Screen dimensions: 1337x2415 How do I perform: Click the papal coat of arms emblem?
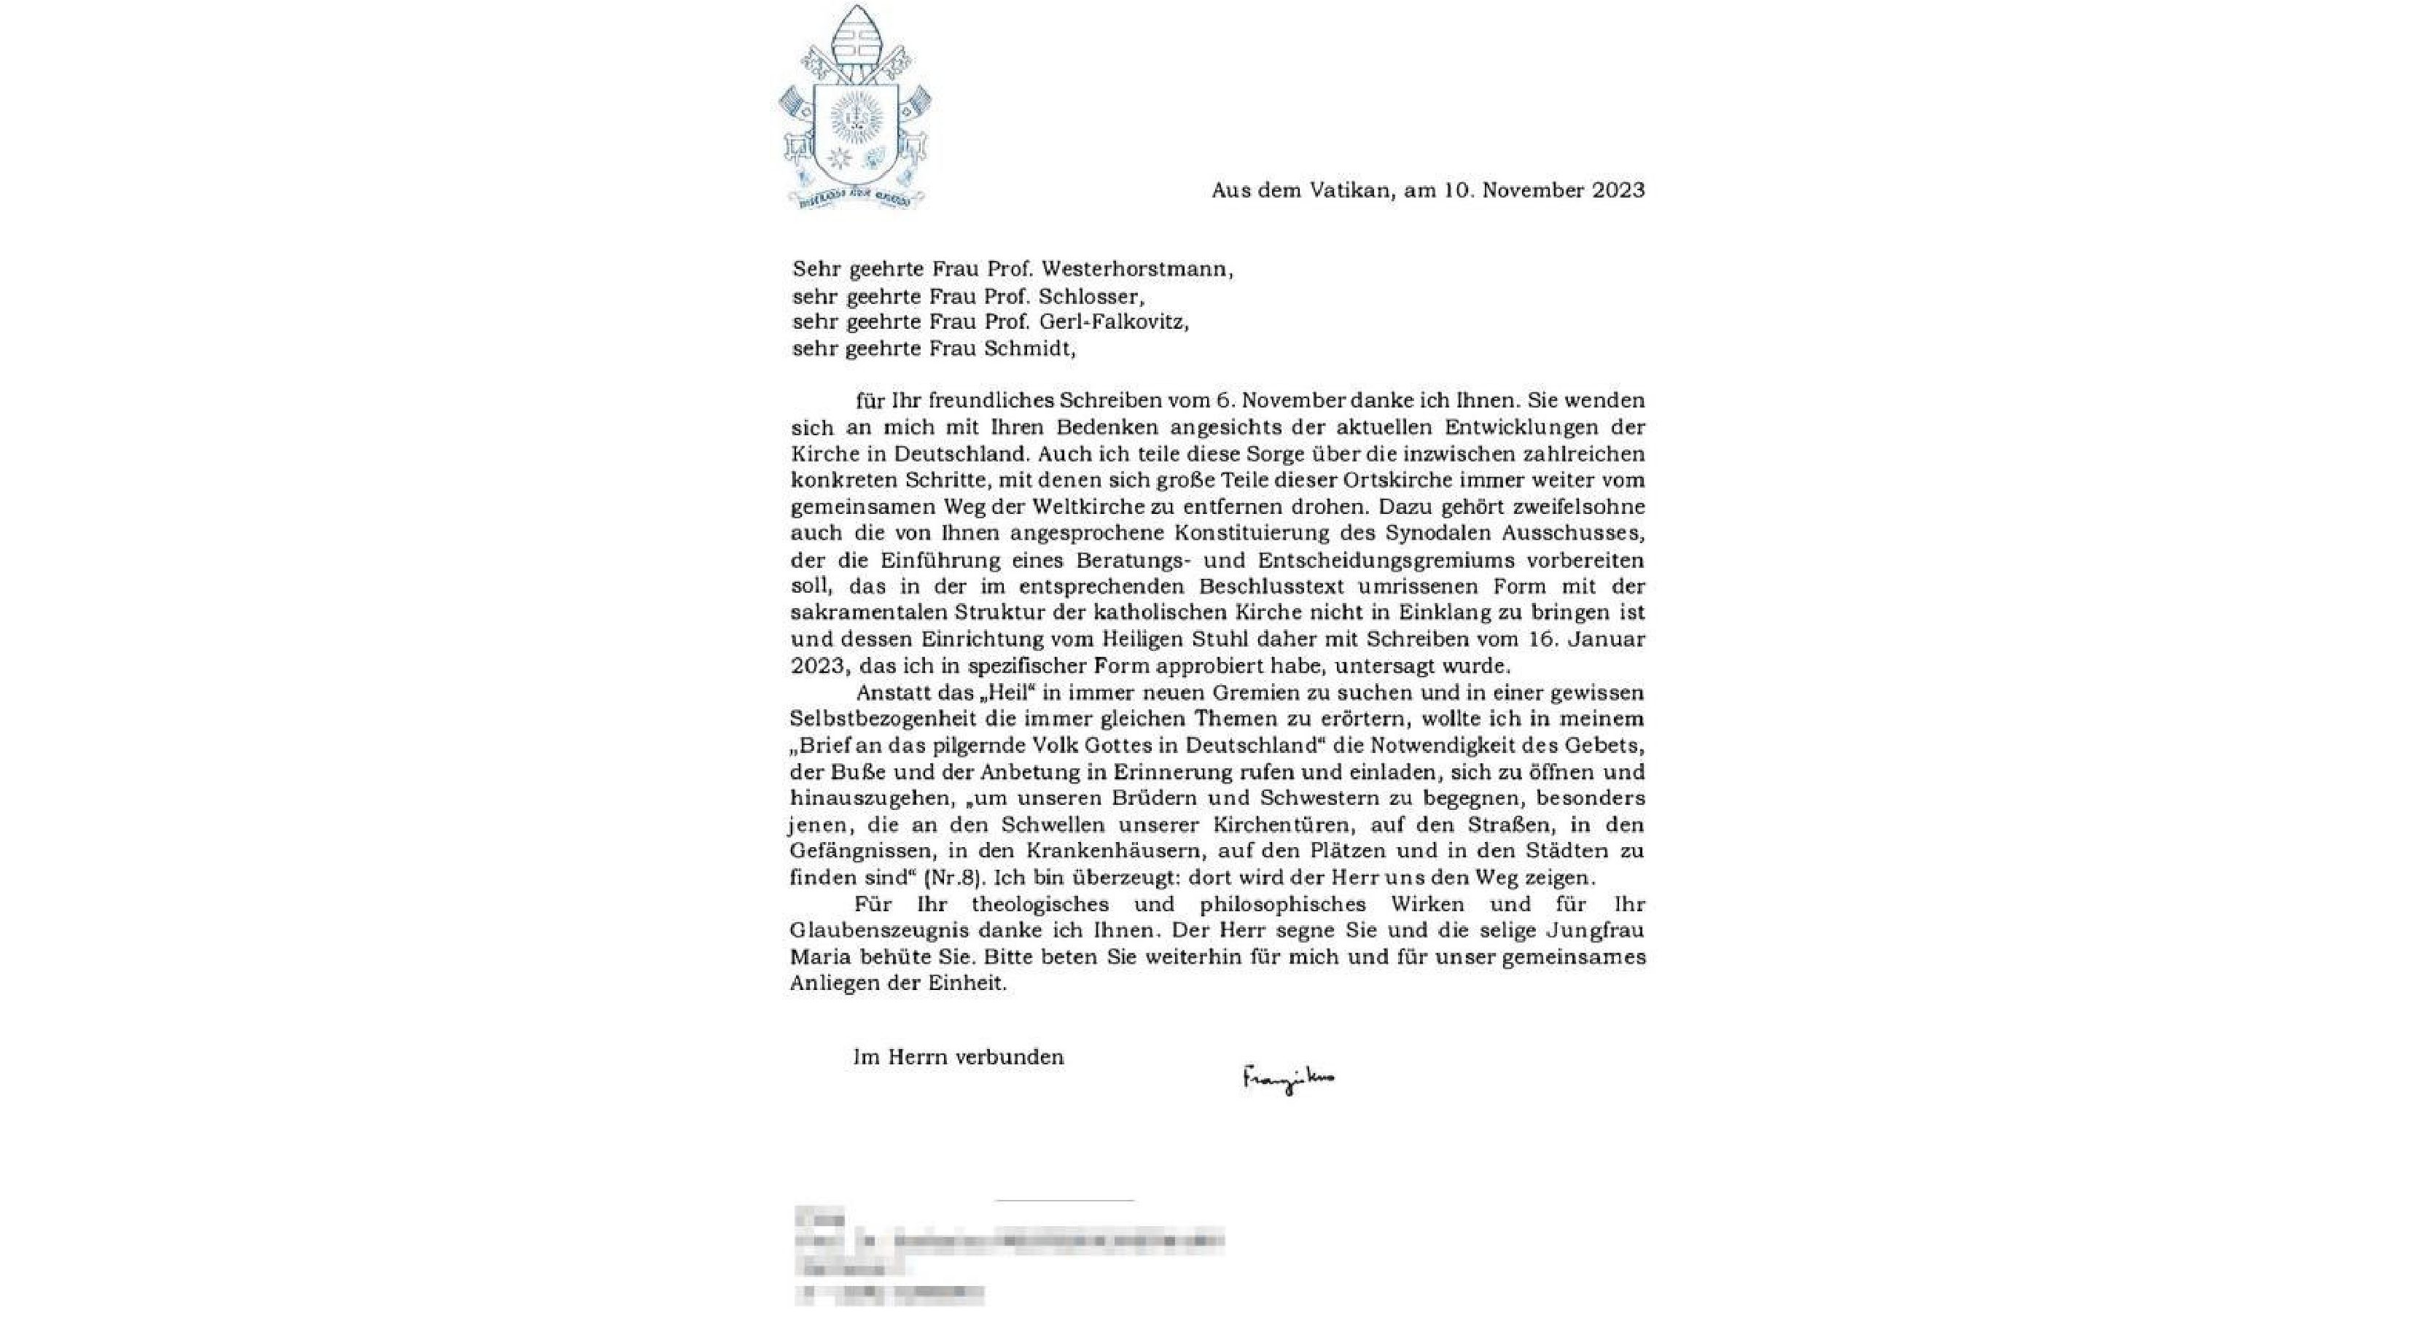[855, 108]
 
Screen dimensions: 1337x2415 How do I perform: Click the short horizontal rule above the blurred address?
[1064, 1200]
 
